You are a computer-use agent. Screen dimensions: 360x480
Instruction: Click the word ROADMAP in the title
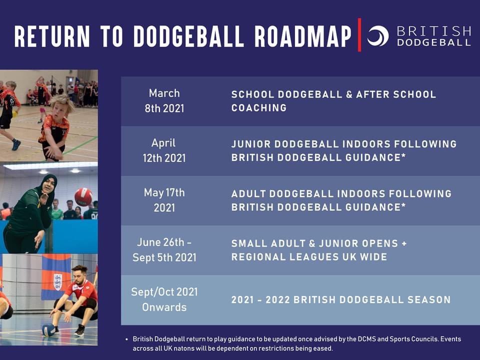click(302, 36)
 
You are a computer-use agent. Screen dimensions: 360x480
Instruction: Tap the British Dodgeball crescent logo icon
click(378, 36)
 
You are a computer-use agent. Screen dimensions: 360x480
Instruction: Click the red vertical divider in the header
click(359, 35)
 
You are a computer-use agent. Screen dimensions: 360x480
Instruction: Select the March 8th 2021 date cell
click(164, 101)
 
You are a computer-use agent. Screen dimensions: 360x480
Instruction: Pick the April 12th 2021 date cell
click(164, 150)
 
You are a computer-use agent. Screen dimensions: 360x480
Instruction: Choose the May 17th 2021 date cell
click(164, 200)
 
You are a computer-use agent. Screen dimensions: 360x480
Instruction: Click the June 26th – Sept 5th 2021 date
click(164, 250)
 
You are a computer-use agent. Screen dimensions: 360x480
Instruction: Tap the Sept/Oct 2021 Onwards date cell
click(164, 299)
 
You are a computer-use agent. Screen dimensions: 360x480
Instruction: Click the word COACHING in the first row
click(259, 108)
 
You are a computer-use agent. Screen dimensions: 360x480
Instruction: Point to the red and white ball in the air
click(83, 196)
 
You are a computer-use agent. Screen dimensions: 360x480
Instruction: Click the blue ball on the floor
click(48, 330)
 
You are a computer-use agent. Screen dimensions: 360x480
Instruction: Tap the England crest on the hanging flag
click(58, 281)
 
